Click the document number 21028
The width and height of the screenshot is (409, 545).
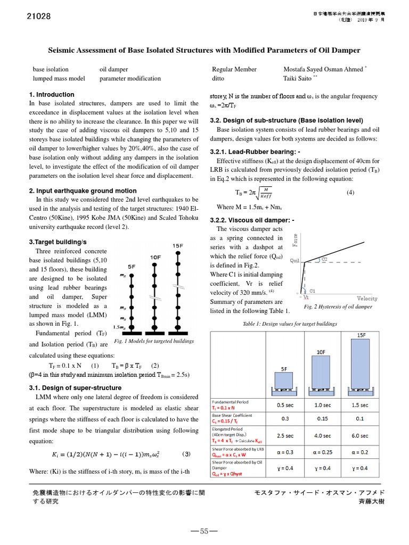[38, 16]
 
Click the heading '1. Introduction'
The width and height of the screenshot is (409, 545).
[52, 95]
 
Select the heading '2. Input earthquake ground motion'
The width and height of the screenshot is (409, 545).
[83, 191]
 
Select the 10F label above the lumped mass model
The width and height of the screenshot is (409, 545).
[156, 257]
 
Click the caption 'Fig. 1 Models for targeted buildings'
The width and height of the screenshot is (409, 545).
[154, 341]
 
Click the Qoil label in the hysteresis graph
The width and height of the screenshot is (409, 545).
[296, 261]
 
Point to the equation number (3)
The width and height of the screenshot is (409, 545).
[186, 454]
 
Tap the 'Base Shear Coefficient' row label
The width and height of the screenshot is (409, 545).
[232, 415]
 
